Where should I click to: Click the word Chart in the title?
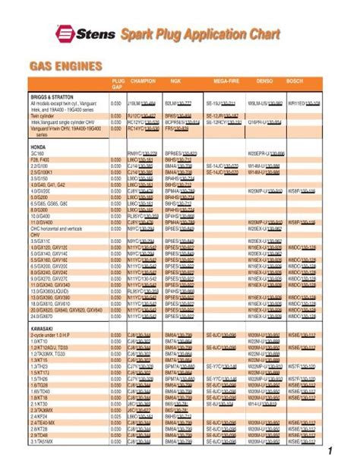[x=260, y=34]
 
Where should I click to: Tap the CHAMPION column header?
[x=143, y=80]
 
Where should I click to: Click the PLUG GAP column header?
[x=118, y=82]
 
